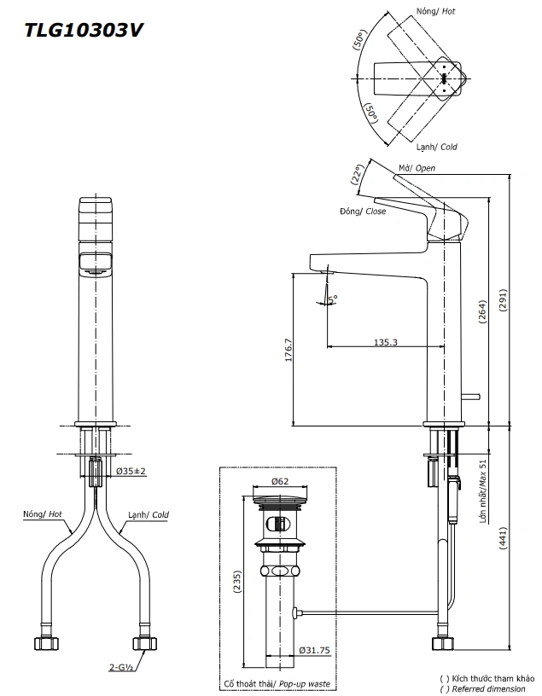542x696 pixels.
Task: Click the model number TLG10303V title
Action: tap(83, 31)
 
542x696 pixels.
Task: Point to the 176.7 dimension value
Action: tap(288, 351)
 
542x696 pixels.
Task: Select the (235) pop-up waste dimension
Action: tap(238, 581)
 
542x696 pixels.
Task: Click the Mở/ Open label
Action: tap(417, 168)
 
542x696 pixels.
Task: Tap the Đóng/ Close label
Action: tap(362, 211)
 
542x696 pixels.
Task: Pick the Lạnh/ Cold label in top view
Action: tap(436, 147)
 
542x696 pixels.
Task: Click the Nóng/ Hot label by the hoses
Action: tap(44, 514)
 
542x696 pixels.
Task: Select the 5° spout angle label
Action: tap(333, 298)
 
